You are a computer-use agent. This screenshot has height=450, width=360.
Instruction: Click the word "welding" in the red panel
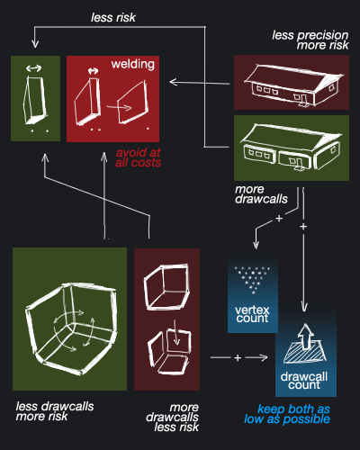(x=133, y=64)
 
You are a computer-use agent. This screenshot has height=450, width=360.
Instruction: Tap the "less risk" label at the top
(x=113, y=17)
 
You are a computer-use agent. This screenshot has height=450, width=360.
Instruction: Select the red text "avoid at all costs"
(x=139, y=157)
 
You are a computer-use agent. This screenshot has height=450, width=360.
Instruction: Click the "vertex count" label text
(x=252, y=314)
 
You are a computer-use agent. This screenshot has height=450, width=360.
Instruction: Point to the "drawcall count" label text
(x=304, y=381)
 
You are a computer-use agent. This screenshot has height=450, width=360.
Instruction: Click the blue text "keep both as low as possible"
(x=287, y=414)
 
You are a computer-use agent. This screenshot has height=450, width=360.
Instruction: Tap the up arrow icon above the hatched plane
(x=305, y=336)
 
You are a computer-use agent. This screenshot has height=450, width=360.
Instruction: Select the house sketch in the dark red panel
(x=293, y=85)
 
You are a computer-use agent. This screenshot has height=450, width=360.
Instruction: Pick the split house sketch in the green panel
(x=291, y=148)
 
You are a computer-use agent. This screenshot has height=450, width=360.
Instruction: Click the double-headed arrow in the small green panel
(x=33, y=68)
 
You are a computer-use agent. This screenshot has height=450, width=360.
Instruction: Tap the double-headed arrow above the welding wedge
(x=93, y=71)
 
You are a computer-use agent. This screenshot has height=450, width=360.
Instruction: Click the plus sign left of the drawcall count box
(x=238, y=357)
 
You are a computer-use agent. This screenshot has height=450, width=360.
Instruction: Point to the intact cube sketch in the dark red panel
(x=166, y=287)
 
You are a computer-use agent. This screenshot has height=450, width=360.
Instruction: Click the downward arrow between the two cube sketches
(x=175, y=332)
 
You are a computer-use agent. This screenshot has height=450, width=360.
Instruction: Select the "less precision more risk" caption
(x=310, y=40)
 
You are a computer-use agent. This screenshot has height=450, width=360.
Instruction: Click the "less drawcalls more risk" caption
(x=55, y=411)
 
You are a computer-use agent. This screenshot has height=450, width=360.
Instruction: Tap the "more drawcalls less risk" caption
(x=172, y=417)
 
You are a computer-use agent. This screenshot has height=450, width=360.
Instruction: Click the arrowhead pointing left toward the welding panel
(x=174, y=82)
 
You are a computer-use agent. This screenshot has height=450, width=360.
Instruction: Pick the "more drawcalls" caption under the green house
(x=261, y=194)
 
